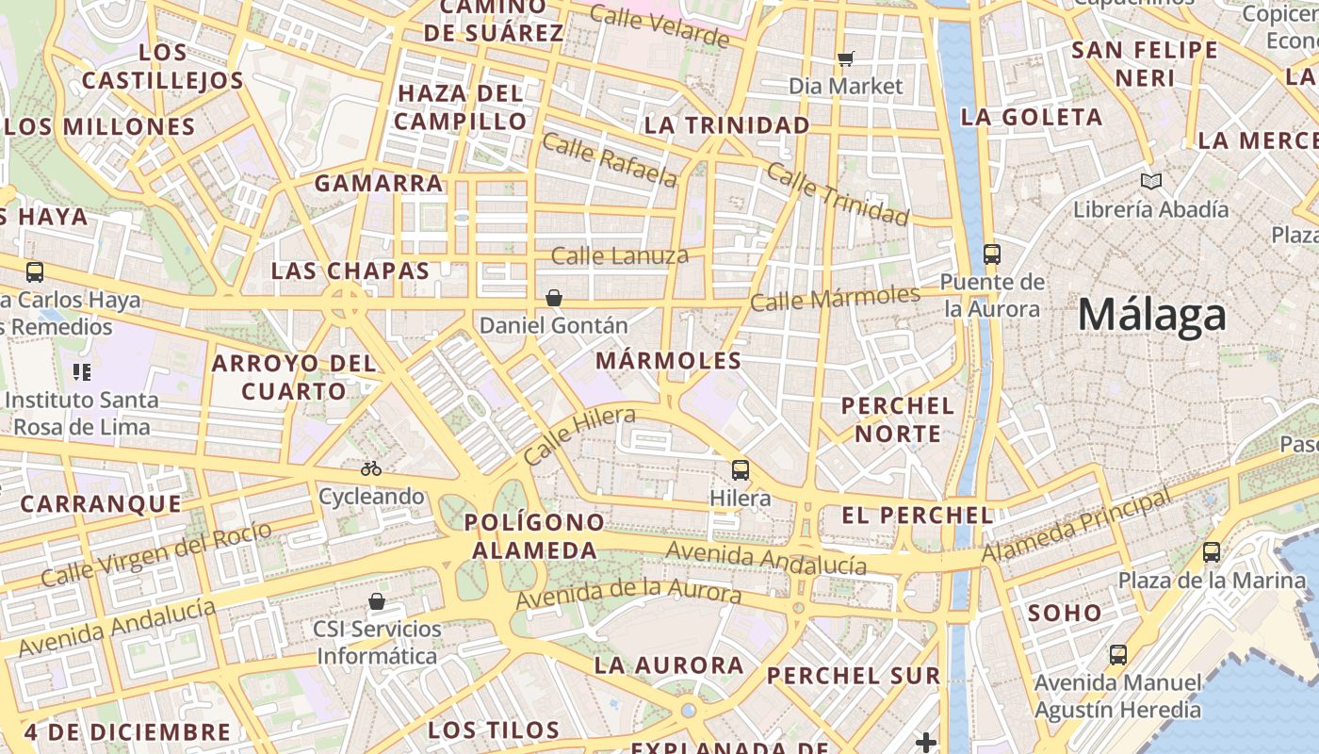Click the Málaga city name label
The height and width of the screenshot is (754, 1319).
pyautogui.click(x=1152, y=315)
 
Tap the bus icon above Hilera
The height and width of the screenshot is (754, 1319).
pyautogui.click(x=741, y=469)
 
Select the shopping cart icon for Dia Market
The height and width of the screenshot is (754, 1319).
pyautogui.click(x=845, y=59)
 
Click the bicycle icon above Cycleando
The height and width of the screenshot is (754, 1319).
pyautogui.click(x=371, y=467)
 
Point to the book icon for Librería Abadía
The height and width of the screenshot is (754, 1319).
pyautogui.click(x=1150, y=181)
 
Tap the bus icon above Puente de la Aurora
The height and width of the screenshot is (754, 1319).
pyautogui.click(x=991, y=254)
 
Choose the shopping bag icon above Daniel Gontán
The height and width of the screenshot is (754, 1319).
pyautogui.click(x=554, y=298)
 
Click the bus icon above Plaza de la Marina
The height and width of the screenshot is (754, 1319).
pyautogui.click(x=1212, y=552)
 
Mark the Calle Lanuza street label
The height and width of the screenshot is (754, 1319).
pyautogui.click(x=619, y=255)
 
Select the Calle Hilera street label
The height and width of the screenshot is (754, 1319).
pyautogui.click(x=578, y=435)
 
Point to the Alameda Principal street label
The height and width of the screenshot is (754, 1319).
pyautogui.click(x=1077, y=525)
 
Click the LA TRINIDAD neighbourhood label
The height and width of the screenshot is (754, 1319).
pyautogui.click(x=726, y=125)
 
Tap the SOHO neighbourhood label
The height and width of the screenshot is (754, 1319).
pyautogui.click(x=1065, y=614)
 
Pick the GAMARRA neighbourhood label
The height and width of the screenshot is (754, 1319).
pyautogui.click(x=379, y=183)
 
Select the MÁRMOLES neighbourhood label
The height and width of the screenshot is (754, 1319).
pyautogui.click(x=669, y=361)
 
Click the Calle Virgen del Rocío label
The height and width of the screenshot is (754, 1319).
pyautogui.click(x=156, y=553)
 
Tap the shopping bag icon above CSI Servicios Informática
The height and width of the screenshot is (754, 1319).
pyautogui.click(x=377, y=601)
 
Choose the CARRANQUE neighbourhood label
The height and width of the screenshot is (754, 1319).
pyautogui.click(x=101, y=504)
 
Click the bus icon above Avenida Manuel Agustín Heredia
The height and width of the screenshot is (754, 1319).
pyautogui.click(x=1117, y=654)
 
